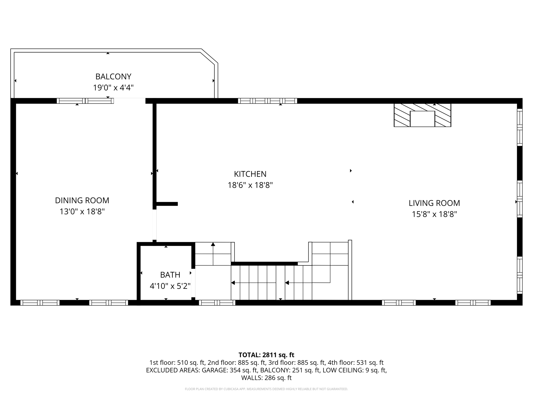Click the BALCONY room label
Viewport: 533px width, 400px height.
[x=113, y=77]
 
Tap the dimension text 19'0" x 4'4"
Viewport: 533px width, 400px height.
[x=113, y=88]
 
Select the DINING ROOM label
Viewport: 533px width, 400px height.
[x=82, y=200]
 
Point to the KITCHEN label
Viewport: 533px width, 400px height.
[x=250, y=174]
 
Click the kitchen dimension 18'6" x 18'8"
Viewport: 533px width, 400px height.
[x=250, y=185]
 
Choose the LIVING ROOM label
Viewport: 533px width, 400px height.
[x=434, y=203]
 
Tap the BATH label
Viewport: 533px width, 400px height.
[x=170, y=275]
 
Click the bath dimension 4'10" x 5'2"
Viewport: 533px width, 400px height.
[x=170, y=286]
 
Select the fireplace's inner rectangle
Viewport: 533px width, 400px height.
[x=422, y=119]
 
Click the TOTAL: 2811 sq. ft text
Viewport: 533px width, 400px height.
[x=266, y=355]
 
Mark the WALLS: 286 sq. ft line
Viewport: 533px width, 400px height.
[x=266, y=378]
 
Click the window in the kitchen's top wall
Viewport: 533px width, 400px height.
[x=267, y=101]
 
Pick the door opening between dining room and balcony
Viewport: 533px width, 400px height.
[x=129, y=101]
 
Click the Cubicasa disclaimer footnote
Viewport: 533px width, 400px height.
[x=266, y=389]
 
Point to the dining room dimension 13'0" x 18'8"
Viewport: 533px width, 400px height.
[x=82, y=211]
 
